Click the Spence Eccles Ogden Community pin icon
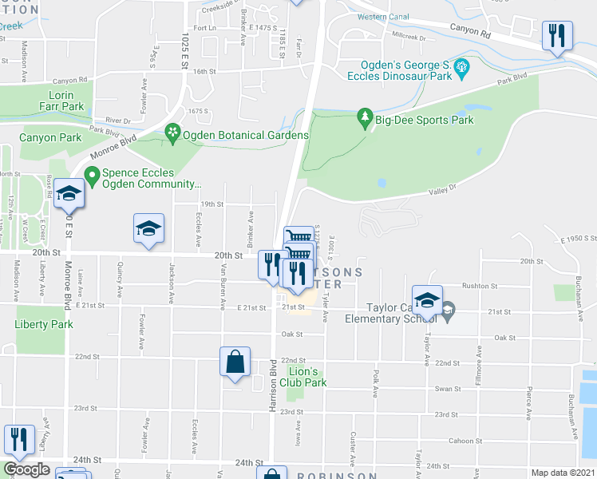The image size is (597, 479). (92, 173)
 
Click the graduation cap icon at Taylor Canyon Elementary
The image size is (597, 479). (427, 301)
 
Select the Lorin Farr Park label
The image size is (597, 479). (61, 101)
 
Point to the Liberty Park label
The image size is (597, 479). (44, 324)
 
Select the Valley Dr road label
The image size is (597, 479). (441, 189)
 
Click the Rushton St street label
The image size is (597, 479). (481, 285)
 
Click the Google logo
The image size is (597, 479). (26, 469)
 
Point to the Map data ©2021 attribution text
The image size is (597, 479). (563, 473)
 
